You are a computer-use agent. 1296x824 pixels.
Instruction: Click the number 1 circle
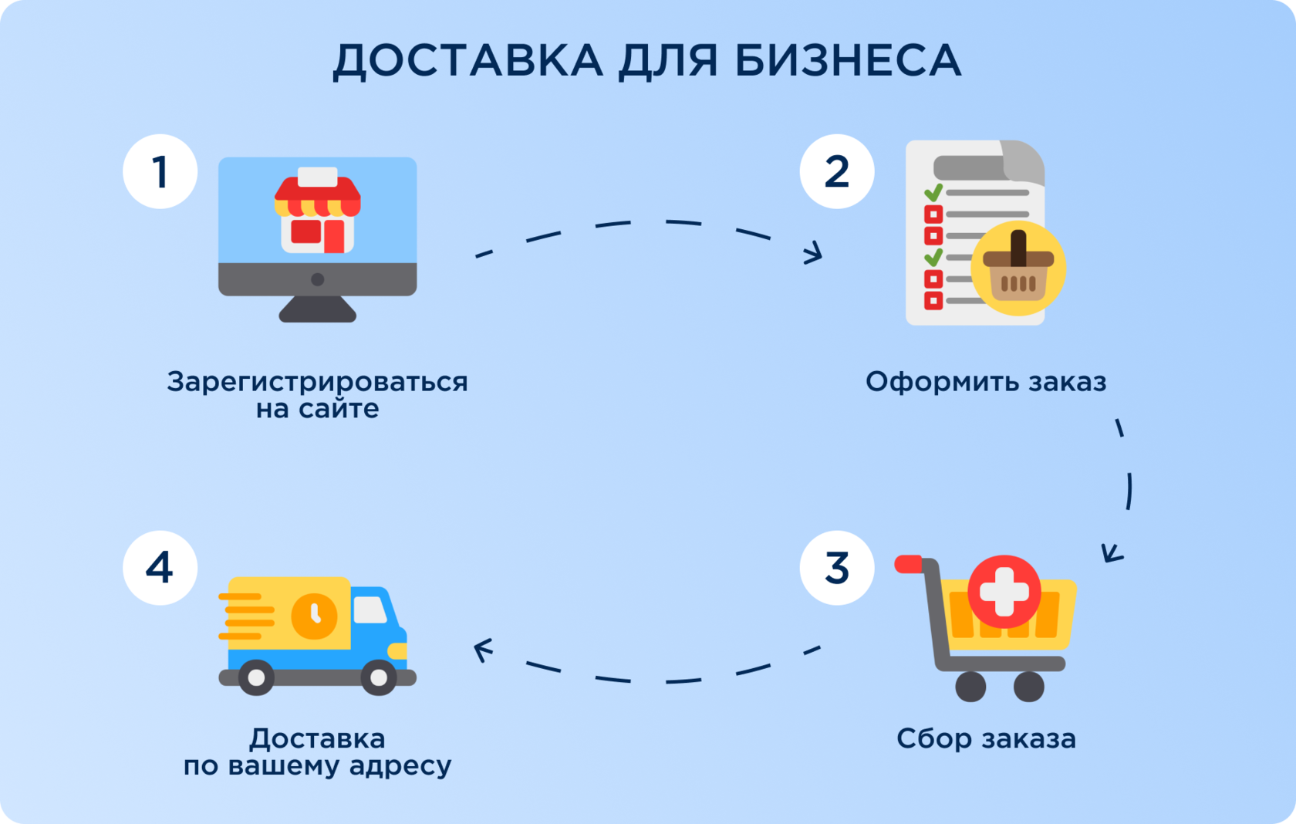[160, 171]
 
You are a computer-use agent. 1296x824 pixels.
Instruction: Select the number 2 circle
[837, 171]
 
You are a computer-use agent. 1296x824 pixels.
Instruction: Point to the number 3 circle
[837, 568]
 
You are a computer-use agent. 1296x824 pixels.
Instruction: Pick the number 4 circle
[160, 568]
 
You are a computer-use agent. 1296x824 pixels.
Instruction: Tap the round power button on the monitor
[317, 279]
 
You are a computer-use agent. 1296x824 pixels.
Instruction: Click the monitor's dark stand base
[317, 310]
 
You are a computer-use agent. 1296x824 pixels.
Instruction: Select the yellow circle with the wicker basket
[1018, 268]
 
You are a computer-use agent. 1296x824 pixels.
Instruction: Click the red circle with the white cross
[1004, 592]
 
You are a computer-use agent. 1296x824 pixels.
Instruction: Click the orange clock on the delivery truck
[314, 616]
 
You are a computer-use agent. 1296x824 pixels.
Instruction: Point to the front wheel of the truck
[379, 677]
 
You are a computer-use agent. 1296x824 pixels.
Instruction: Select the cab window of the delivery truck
[370, 610]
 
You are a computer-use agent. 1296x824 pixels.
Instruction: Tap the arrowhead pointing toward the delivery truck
[482, 650]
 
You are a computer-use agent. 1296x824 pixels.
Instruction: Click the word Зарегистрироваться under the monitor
[317, 382]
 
